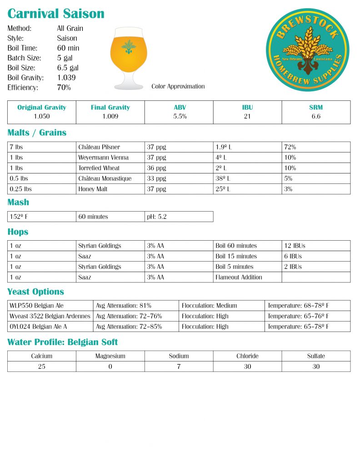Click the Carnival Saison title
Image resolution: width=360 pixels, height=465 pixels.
[56, 14]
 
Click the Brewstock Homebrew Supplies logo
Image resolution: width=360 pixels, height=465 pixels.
[307, 50]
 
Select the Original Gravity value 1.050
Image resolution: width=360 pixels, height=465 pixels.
[41, 116]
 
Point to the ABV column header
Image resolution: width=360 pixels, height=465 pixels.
[179, 108]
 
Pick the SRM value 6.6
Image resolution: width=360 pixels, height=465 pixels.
[316, 116]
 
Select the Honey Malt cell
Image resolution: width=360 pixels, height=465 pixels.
[93, 189]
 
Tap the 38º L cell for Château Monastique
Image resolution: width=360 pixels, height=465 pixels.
[223, 178]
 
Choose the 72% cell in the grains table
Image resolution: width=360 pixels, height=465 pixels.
[290, 147]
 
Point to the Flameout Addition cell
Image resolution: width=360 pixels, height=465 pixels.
[239, 277]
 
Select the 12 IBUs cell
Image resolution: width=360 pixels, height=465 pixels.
[295, 246]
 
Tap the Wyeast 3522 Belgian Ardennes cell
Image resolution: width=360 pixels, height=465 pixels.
[50, 316]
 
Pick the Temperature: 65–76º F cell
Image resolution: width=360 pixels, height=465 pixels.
[298, 316]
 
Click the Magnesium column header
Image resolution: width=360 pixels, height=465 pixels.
[110, 356]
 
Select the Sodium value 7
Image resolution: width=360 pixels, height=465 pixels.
[179, 366]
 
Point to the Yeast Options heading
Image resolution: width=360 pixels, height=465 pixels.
[35, 292]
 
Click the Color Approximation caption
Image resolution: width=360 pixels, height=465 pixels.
[178, 86]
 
